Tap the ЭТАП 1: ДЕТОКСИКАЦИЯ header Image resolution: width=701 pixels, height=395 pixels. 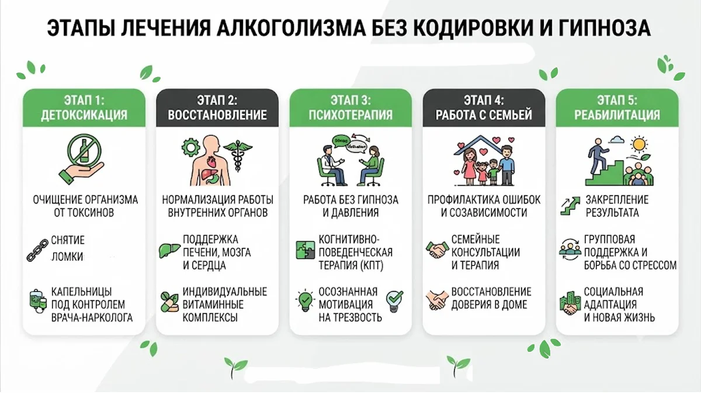[84, 108]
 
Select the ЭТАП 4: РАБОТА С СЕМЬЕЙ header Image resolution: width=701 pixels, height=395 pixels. [484, 108]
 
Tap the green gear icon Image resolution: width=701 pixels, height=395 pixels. [190, 147]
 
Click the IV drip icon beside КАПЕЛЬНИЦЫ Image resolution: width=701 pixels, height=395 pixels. [38, 301]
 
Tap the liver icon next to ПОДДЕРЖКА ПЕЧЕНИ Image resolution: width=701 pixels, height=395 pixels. [169, 250]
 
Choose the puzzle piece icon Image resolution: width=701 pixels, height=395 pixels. [305, 250]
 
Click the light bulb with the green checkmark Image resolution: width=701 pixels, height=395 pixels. [394, 300]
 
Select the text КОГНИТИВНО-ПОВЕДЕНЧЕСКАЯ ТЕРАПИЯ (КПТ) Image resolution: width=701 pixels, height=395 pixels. [355, 252]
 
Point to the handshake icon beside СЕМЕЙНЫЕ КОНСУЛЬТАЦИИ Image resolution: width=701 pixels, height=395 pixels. [437, 250]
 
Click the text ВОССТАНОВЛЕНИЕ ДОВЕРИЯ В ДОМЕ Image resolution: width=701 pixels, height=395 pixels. [491, 298]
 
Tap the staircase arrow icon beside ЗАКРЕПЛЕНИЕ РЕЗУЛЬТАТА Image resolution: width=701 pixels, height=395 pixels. [570, 206]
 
